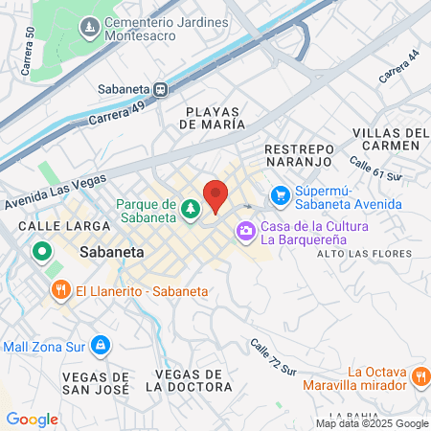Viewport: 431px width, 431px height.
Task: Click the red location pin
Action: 215,195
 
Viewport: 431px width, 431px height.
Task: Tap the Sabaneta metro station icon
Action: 162,90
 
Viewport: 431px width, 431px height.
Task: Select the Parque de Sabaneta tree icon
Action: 190,208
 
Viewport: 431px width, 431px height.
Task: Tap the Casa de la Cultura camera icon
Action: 246,230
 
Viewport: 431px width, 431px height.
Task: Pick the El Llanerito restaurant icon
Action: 60,289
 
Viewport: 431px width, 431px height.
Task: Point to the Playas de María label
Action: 215,118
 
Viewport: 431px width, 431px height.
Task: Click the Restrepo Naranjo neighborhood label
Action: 300,158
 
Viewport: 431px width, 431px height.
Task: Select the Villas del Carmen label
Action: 386,138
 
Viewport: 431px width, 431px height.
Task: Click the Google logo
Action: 32,420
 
